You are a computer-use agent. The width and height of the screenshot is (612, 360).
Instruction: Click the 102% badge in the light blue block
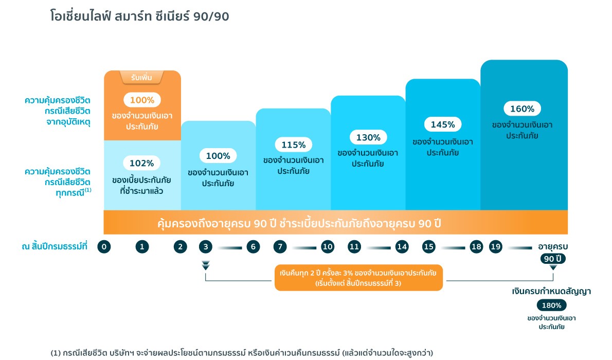(141, 163)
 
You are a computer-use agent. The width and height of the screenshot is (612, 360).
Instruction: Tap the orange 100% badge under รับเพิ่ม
(142, 100)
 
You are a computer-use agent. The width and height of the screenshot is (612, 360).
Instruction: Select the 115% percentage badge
(294, 145)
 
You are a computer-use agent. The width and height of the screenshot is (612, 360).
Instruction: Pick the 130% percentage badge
(368, 137)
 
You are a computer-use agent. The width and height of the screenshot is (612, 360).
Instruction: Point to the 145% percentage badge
(443, 124)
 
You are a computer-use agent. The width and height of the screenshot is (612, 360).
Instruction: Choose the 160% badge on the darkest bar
(522, 109)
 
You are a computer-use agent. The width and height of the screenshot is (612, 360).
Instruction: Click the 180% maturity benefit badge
(551, 305)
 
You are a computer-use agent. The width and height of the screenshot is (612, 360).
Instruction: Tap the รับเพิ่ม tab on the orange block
(141, 77)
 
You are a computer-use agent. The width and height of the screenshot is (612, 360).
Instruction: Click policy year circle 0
(104, 247)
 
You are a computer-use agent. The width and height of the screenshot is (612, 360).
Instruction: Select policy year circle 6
(253, 247)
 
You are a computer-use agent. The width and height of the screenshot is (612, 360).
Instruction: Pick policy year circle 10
(328, 247)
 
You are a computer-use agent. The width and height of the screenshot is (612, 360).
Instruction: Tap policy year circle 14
(402, 247)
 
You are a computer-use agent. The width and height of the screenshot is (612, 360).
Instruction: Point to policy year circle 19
(496, 247)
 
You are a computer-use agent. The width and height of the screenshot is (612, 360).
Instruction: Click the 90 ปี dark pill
(553, 259)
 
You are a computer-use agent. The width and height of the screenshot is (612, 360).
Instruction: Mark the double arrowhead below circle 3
(206, 265)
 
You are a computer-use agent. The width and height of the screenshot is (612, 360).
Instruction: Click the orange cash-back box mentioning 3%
(358, 278)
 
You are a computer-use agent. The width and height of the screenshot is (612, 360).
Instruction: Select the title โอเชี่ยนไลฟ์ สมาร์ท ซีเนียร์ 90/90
(140, 16)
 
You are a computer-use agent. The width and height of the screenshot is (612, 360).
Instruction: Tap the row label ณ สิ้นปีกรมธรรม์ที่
(55, 246)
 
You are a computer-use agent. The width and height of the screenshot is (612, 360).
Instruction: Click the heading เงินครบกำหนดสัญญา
(551, 291)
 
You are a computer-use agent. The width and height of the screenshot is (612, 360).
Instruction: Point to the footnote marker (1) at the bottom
(56, 353)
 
